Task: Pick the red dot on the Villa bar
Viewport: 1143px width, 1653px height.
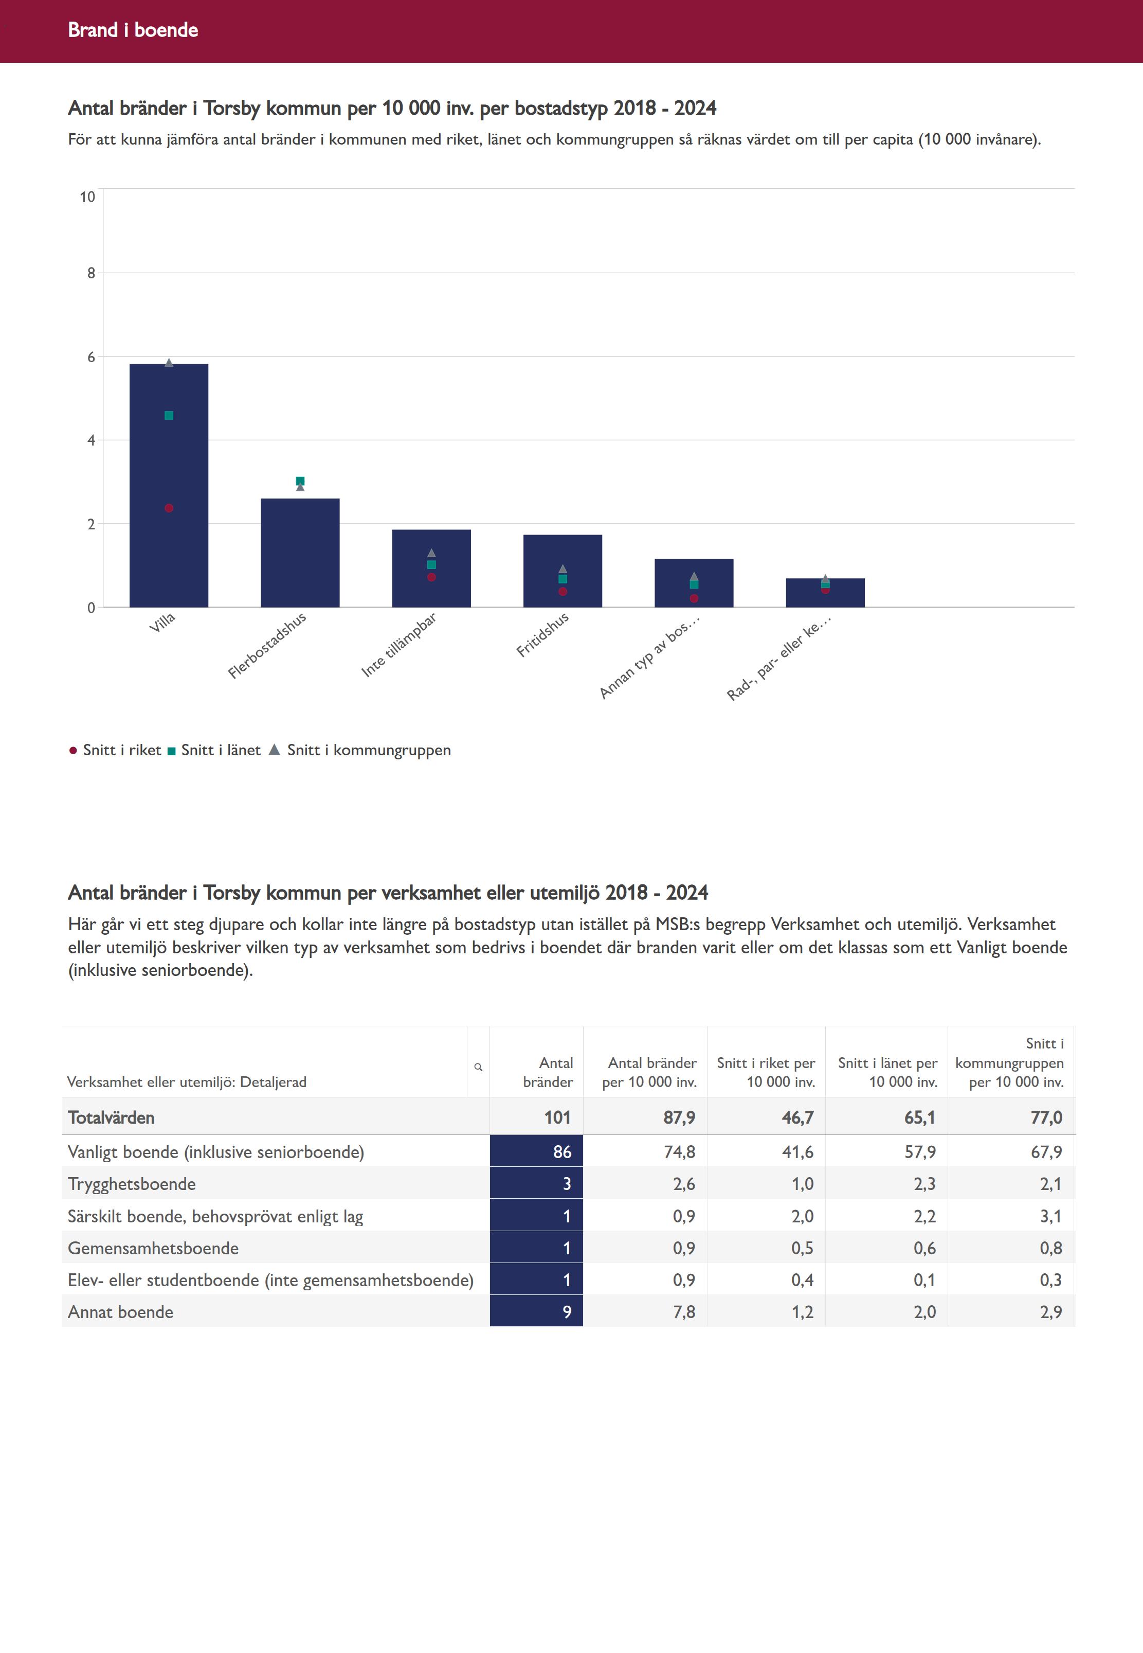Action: pos(169,508)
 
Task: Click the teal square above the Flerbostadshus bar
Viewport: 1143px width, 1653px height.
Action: pos(300,481)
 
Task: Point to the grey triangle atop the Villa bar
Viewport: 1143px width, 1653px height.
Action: pos(169,363)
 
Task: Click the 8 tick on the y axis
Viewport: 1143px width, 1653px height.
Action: pos(91,273)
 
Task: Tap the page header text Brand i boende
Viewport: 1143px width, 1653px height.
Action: pos(133,30)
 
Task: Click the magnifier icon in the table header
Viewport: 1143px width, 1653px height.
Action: pos(478,1067)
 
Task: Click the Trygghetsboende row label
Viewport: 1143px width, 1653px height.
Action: pos(132,1184)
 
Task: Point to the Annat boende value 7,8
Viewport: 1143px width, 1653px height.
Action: pos(684,1312)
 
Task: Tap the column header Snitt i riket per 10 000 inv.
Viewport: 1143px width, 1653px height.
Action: pos(766,1072)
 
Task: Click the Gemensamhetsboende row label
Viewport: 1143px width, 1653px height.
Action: pos(153,1248)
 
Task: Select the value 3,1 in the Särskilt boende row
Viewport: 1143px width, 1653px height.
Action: pos(1050,1216)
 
